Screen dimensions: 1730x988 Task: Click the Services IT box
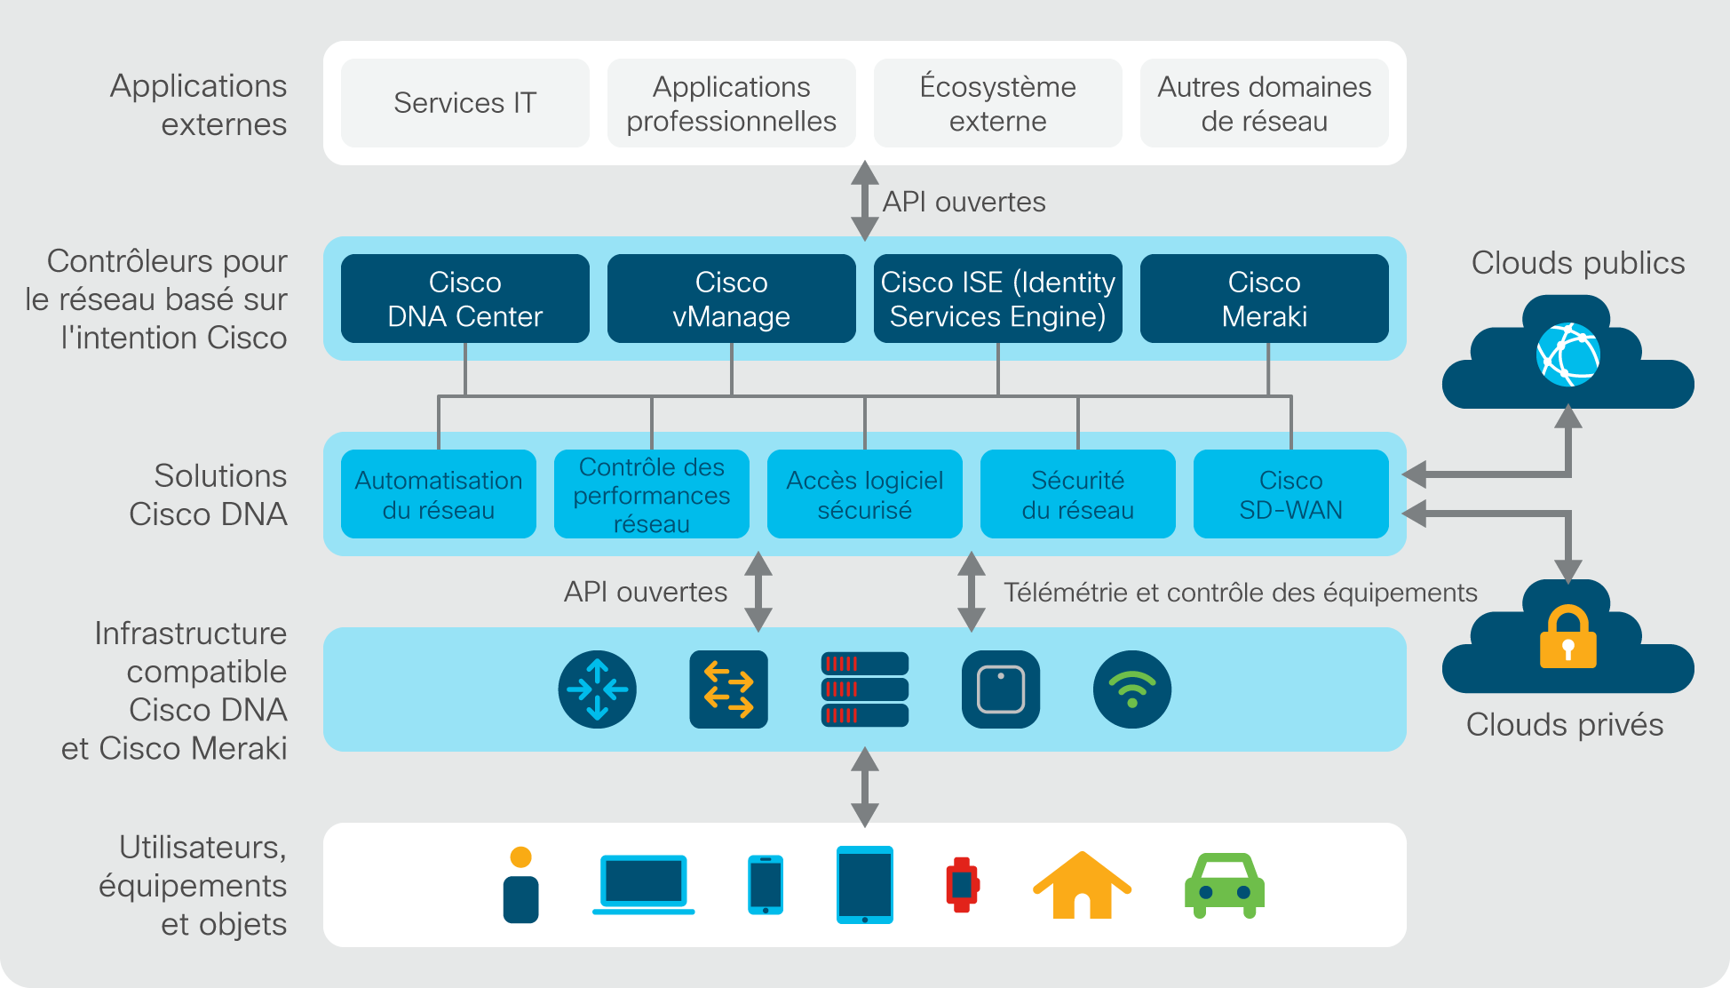point(464,103)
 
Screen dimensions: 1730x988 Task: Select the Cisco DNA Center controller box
point(464,299)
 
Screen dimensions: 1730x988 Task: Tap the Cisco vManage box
point(731,299)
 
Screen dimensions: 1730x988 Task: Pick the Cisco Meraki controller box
point(1264,299)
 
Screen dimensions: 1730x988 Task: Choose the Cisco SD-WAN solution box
point(1290,494)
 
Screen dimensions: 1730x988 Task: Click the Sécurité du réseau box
point(1077,494)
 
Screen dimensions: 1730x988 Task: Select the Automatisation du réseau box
point(438,494)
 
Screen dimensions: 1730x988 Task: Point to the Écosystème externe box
point(997,103)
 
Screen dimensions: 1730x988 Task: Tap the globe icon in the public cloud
point(1568,355)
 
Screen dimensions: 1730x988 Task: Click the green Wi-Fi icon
point(1132,689)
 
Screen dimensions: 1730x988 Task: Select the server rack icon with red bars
point(864,689)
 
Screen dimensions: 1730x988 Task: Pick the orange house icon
point(1082,885)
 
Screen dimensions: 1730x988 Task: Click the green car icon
point(1225,886)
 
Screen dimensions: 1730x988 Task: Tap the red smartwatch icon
point(963,885)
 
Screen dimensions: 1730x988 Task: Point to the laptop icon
point(644,885)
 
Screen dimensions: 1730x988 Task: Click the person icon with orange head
point(521,885)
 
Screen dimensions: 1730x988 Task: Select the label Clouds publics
point(1578,263)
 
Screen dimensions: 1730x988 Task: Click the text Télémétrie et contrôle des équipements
point(1241,593)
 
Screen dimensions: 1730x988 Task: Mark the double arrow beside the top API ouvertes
point(865,201)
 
